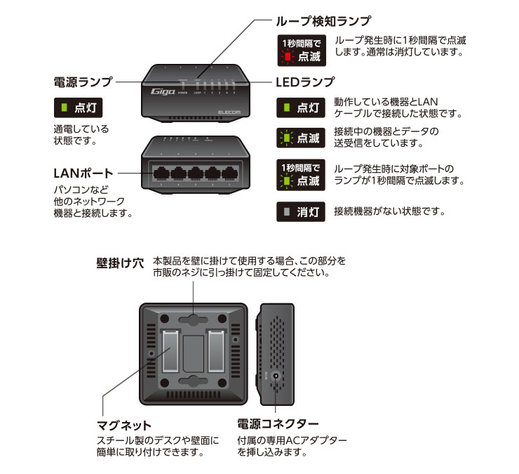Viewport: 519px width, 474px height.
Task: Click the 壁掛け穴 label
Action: pyautogui.click(x=120, y=264)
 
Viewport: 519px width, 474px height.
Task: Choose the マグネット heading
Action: pyautogui.click(x=123, y=425)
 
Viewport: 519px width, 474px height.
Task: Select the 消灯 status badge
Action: pyautogui.click(x=302, y=211)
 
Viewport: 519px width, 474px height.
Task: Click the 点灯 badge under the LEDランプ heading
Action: pyautogui.click(x=302, y=108)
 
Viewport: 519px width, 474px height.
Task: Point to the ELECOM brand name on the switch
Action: pyautogui.click(x=229, y=110)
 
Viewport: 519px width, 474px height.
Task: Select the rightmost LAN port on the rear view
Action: pyautogui.click(x=230, y=173)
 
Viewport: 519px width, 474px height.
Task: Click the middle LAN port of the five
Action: pyautogui.click(x=196, y=173)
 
